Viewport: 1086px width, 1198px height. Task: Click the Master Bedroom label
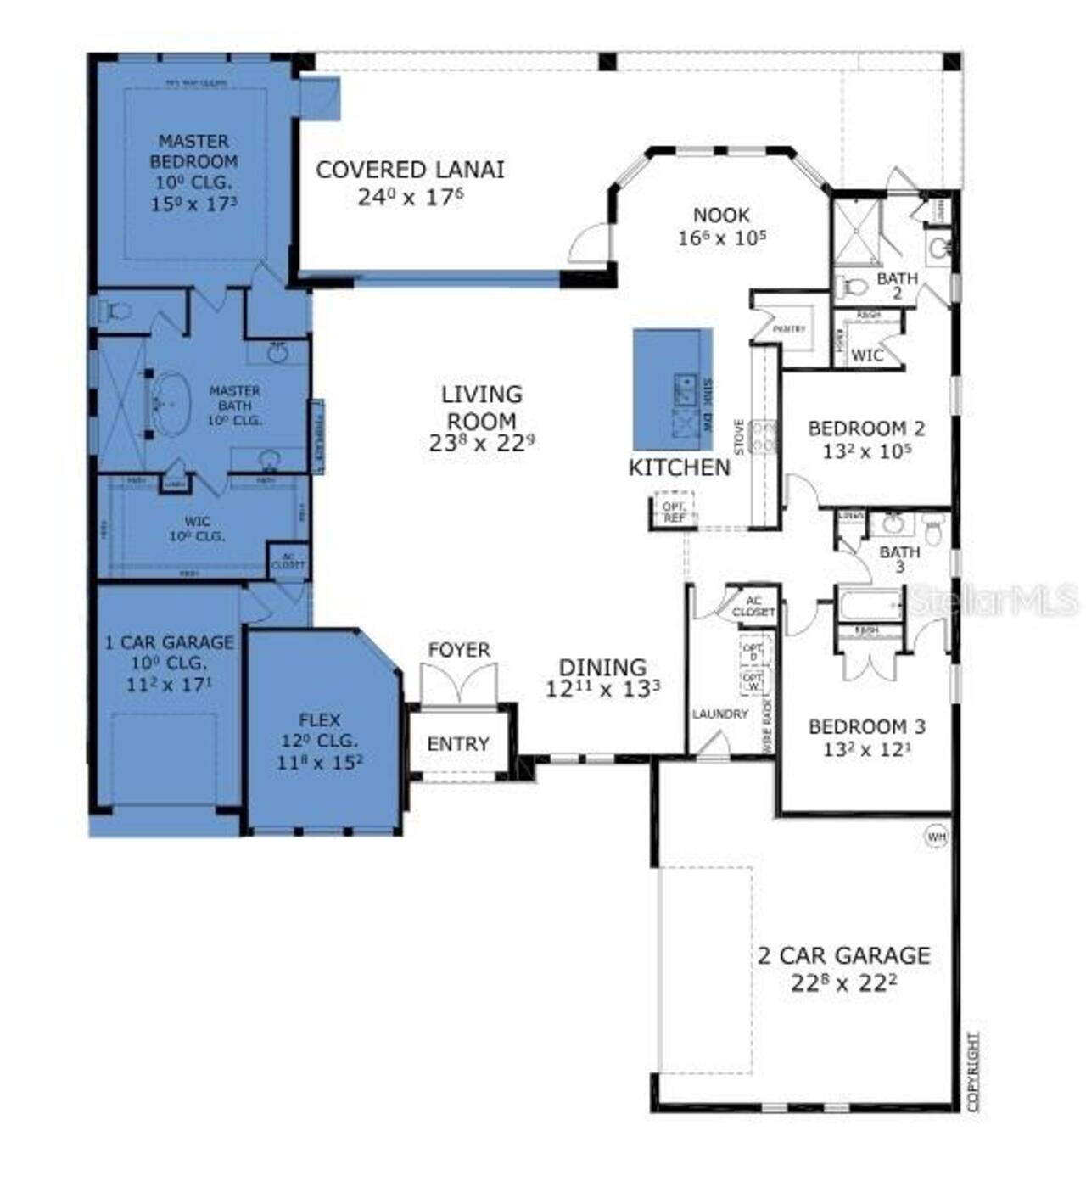point(193,151)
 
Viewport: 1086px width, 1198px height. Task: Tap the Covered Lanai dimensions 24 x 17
point(410,198)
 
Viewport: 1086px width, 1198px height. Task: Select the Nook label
point(721,216)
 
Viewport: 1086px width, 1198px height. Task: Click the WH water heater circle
point(936,837)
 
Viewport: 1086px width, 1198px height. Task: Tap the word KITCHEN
point(679,467)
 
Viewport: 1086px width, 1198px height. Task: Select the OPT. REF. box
point(674,512)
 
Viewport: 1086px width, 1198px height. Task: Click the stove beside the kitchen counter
point(764,437)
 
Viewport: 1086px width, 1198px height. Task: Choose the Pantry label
point(789,328)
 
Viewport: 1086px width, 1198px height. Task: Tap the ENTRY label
point(458,744)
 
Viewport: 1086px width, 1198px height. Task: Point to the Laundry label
point(719,714)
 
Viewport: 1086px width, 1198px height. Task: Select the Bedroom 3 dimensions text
point(866,750)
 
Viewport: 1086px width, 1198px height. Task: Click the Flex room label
point(320,720)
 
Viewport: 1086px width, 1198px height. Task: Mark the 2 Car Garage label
point(843,956)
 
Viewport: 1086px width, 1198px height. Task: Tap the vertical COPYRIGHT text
point(973,1071)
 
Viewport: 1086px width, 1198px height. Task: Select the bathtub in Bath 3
point(871,606)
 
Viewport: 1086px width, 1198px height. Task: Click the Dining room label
point(602,668)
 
